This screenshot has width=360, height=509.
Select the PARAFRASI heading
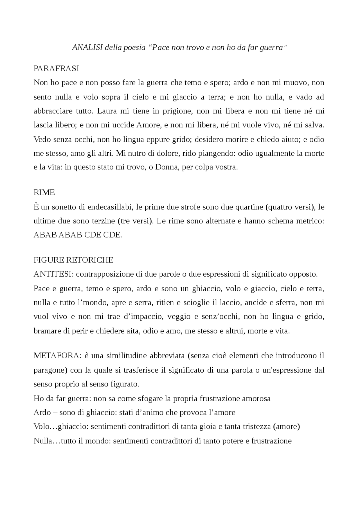pyautogui.click(x=56, y=69)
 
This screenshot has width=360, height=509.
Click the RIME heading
pyautogui.click(x=44, y=193)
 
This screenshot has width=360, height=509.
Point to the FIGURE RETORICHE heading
pyautogui.click(x=73, y=260)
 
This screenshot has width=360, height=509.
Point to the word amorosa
pyautogui.click(x=256, y=399)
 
